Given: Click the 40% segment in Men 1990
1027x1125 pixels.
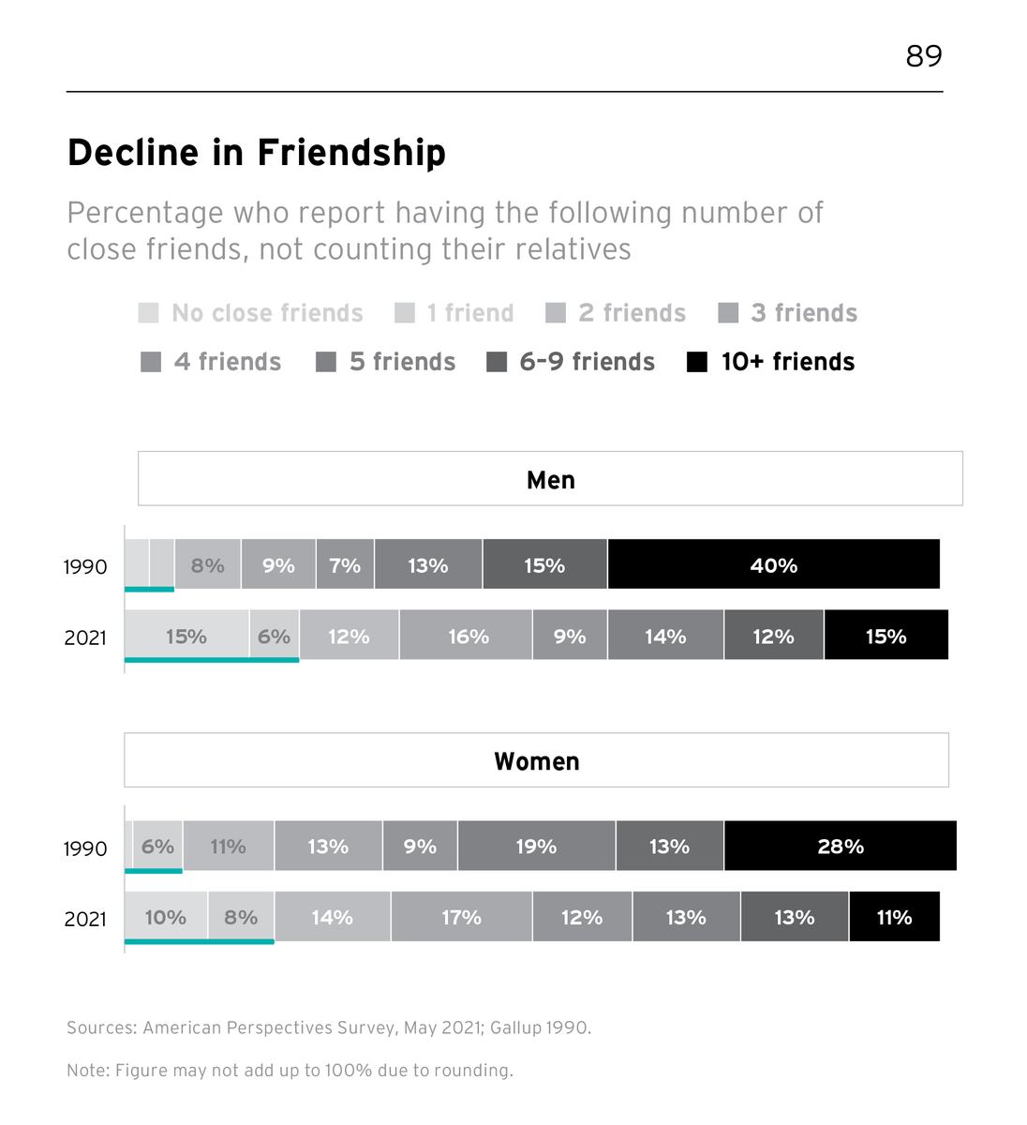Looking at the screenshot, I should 773,565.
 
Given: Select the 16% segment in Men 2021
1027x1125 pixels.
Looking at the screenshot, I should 467,637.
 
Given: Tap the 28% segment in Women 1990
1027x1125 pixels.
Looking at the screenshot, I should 840,847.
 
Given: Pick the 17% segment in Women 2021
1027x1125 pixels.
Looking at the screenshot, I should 461,918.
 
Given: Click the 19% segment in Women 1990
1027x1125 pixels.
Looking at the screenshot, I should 536,847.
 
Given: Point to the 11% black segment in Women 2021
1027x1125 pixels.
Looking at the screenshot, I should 894,918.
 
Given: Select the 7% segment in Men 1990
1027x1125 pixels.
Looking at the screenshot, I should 345,565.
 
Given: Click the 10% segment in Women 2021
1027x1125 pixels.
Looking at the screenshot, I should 165,918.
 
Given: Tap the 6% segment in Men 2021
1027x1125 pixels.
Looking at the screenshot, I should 274,637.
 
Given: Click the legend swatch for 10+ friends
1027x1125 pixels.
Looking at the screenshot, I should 697,362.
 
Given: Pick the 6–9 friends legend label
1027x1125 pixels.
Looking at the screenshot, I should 587,362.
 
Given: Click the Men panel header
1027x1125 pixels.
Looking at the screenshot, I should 550,479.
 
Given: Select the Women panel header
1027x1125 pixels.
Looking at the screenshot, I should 536,760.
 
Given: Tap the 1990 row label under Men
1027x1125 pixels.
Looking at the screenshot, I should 85,567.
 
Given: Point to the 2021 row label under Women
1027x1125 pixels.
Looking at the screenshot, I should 85,920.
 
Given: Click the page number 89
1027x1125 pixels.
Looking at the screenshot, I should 923,56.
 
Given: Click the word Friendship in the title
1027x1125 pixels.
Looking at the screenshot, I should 351,153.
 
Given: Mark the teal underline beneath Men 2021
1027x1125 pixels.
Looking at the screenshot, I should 212,660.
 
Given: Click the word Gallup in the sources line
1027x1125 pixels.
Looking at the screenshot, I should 515,1028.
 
